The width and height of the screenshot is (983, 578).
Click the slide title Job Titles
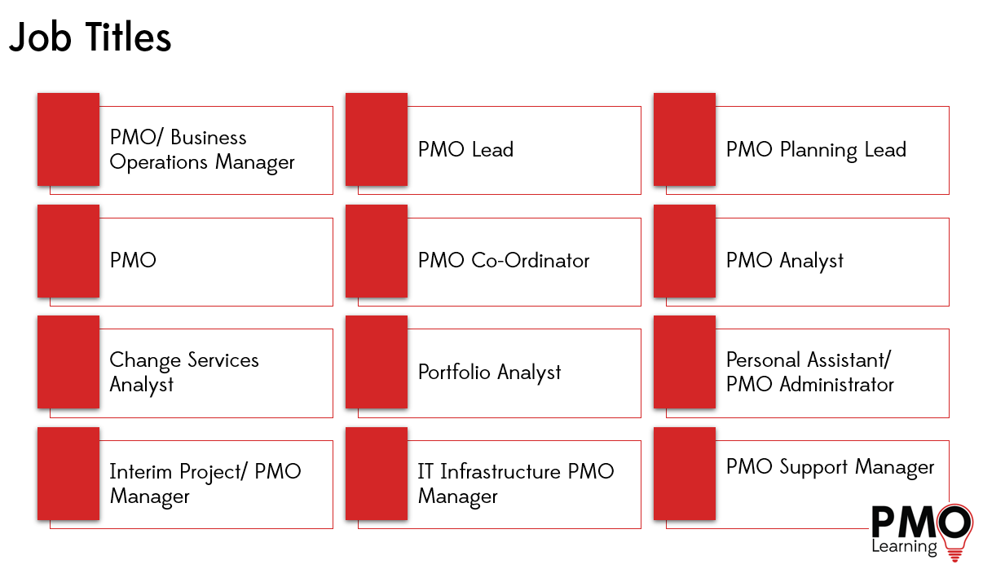click(x=90, y=38)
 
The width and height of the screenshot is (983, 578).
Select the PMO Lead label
click(x=465, y=150)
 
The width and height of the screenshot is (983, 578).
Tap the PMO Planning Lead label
click(x=816, y=150)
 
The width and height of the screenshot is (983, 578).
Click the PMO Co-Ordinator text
click(x=504, y=261)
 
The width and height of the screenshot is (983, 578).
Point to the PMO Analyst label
click(x=785, y=261)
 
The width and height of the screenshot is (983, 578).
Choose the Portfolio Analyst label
click(x=490, y=373)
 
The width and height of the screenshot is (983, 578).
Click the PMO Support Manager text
click(x=830, y=467)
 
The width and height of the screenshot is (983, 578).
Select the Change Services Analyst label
click(x=184, y=373)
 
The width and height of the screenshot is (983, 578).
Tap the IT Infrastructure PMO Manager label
click(x=516, y=483)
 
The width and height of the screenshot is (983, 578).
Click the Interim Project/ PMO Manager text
click(x=205, y=483)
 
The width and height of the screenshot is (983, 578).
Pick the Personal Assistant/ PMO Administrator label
click(x=810, y=373)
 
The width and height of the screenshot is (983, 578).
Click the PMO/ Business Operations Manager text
click(x=202, y=150)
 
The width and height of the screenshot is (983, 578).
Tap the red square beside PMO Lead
click(x=377, y=139)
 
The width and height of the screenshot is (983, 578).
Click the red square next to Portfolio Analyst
click(x=377, y=362)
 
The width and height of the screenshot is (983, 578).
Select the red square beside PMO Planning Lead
click(x=685, y=139)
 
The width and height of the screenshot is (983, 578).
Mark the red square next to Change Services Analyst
click(x=68, y=362)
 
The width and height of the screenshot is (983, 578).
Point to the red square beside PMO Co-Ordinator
click(x=377, y=251)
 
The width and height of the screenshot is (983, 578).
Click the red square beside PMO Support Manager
click(x=685, y=474)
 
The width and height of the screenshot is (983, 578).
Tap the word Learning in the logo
click(x=904, y=547)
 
